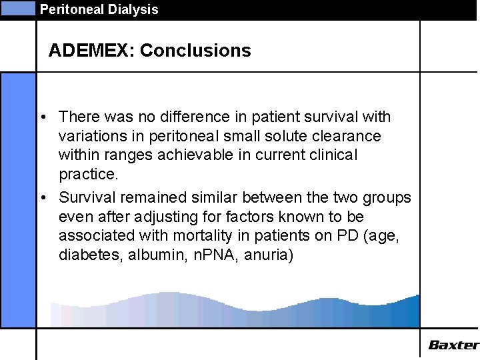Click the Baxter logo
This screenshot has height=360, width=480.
coord(453,345)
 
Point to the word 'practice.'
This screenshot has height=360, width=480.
coord(88,175)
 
